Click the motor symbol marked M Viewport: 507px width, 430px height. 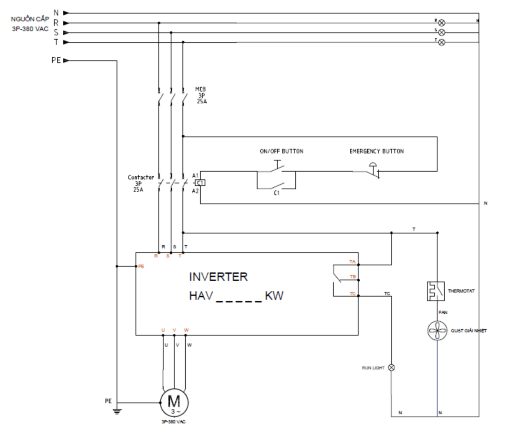coord(174,402)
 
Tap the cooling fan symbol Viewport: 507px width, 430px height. coord(437,331)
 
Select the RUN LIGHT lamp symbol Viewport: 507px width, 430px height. coord(392,368)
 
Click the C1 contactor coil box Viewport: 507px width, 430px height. coord(201,183)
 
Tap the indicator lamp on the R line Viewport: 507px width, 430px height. coord(441,23)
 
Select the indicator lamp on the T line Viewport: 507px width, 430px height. coord(441,42)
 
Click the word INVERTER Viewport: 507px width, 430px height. coord(218,277)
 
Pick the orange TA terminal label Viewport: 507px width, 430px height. coord(352,262)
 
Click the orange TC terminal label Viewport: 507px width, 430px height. coord(352,294)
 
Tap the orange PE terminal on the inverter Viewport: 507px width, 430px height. coord(141,266)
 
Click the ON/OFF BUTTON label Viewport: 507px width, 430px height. coord(282,151)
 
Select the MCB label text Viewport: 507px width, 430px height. coord(201,89)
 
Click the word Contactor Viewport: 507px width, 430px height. coord(141,177)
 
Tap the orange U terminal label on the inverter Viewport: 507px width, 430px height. coord(163,330)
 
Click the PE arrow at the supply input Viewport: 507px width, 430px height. coord(66,61)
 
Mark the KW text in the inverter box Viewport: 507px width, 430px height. coord(274,296)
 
